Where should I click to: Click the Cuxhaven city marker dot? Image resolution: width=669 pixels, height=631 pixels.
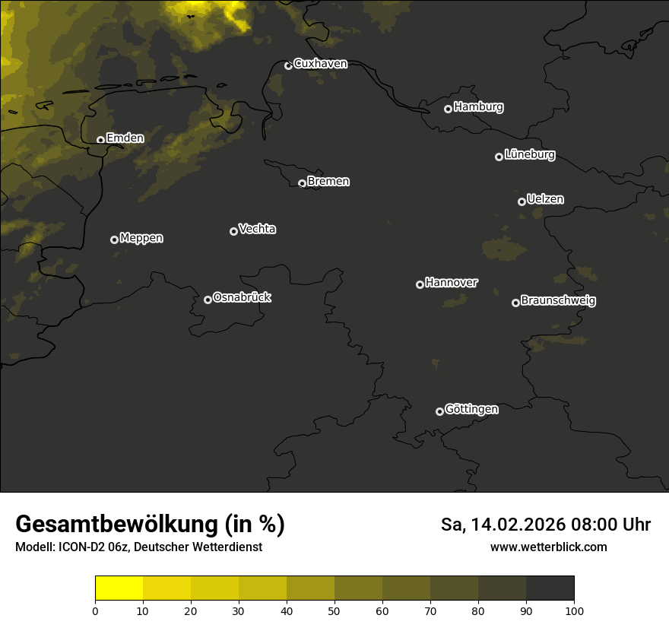(288, 65)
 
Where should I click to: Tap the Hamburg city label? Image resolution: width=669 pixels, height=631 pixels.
(478, 107)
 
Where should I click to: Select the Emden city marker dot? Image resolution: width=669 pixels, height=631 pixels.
(100, 140)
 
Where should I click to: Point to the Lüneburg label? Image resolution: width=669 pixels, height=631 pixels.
(529, 155)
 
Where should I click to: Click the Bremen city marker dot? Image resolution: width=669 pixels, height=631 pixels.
(302, 183)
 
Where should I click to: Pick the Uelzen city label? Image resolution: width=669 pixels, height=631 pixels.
(545, 199)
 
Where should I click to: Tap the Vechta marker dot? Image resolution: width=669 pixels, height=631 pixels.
(233, 231)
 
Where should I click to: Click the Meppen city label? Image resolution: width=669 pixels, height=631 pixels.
(141, 238)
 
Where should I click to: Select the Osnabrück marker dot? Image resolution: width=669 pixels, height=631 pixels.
(208, 300)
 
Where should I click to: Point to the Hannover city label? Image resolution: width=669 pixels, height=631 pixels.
(452, 283)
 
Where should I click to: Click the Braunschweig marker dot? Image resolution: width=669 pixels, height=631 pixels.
(515, 303)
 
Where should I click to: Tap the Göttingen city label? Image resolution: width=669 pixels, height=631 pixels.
(471, 410)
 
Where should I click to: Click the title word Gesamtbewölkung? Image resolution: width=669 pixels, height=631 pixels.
(117, 524)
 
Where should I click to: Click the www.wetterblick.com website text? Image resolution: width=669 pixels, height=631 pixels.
(548, 547)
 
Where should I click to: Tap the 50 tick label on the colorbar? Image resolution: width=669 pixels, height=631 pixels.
(334, 610)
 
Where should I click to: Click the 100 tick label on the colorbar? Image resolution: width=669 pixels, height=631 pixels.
(574, 610)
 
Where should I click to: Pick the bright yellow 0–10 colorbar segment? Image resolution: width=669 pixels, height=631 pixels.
(119, 588)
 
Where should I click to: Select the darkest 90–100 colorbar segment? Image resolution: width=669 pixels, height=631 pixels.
(550, 588)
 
